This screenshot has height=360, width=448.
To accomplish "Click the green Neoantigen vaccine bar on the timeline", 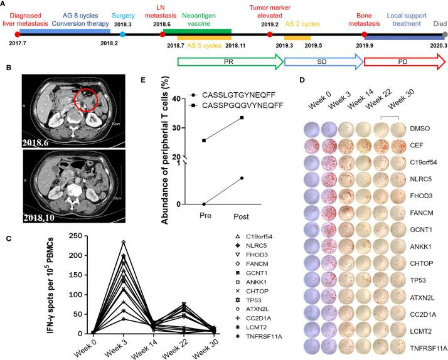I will [197, 30].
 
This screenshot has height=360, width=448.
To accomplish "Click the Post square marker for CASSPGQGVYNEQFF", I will [241, 117].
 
